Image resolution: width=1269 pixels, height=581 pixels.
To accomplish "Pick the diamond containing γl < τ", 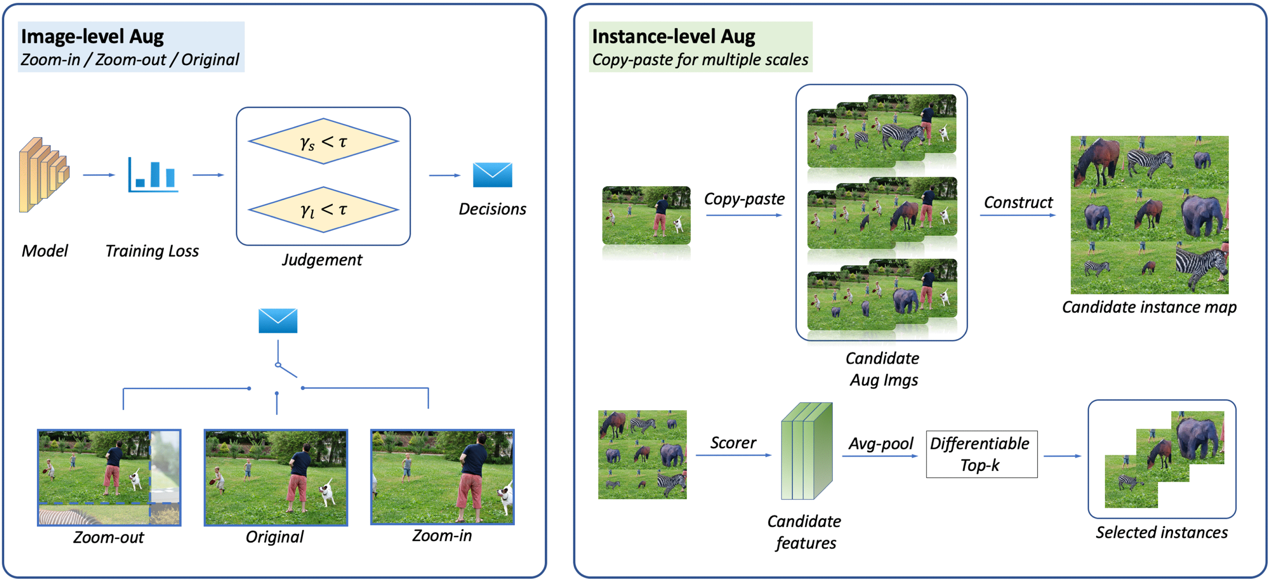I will coord(323,210).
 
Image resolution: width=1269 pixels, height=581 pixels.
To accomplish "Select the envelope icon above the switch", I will coord(278,321).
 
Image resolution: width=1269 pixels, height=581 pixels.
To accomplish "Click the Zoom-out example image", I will coord(109,477).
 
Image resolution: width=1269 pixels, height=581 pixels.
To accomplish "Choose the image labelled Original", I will coord(276,477).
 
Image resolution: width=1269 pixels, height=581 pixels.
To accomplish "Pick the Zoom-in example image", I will coord(442,477).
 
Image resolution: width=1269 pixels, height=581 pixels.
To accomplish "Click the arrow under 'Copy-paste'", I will coord(744,215).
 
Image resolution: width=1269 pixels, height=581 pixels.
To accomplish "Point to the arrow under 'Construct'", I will coord(1018,215).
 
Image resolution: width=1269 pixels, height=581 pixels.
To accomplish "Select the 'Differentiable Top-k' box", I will coord(981,454).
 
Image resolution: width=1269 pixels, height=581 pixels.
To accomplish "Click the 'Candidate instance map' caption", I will coord(1149,307).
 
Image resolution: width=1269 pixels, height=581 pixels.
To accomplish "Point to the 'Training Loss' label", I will coord(152,251).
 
